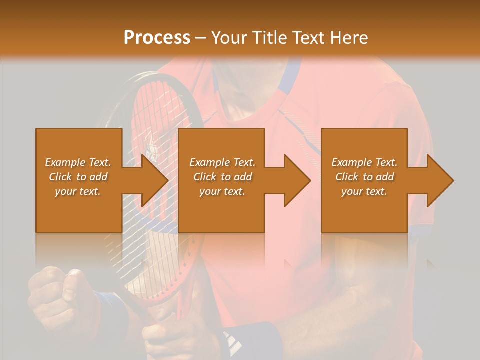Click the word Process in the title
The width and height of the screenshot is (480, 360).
157,38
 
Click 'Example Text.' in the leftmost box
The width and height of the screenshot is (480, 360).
78,162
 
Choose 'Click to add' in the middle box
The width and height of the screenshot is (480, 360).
222,177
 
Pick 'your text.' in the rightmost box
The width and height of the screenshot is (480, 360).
364,191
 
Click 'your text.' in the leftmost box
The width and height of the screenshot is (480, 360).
78,191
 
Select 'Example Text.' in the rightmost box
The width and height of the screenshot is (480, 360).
364,162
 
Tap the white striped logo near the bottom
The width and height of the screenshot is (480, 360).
232,342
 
